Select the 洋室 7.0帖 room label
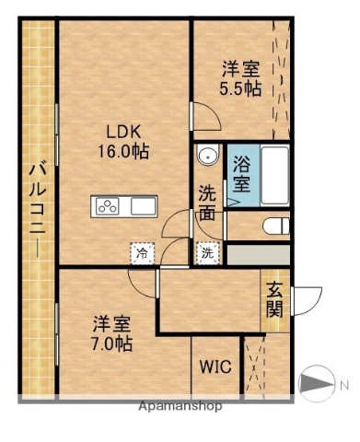point(111,333)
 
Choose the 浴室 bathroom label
point(241,174)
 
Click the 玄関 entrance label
point(274,299)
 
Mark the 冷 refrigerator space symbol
point(142,250)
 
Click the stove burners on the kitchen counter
point(107,206)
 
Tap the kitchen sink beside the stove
point(144,206)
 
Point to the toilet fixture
point(274,225)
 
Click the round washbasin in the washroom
point(208,157)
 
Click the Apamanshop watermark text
point(180,406)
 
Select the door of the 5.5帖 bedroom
point(204,118)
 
